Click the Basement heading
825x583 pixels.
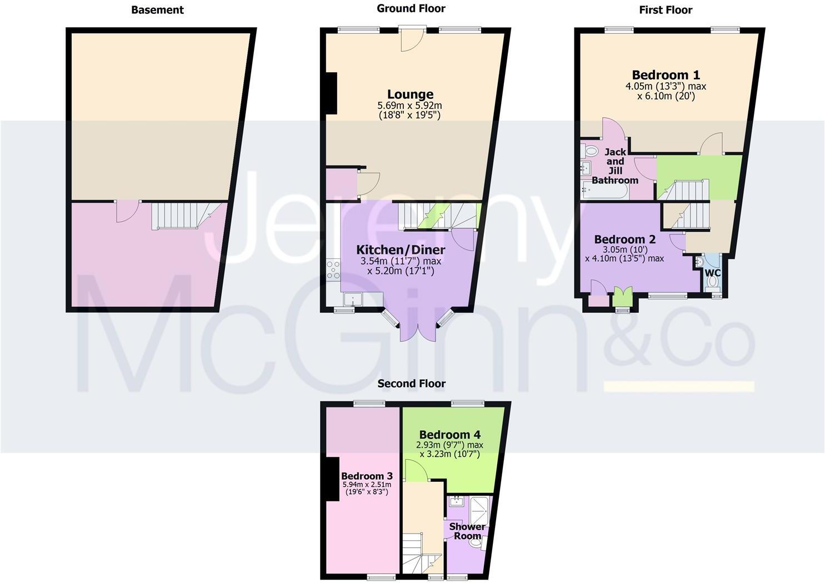[x=157, y=9]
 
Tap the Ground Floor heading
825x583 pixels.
[x=411, y=8]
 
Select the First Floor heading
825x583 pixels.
[x=666, y=9]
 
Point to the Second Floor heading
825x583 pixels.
[x=411, y=383]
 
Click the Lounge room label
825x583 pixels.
[x=410, y=94]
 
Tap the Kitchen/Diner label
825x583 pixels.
[x=401, y=250]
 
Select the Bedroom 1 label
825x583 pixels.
[x=666, y=75]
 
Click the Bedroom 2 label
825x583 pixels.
[x=624, y=240]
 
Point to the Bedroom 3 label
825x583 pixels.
[x=367, y=476]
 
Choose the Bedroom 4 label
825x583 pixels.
[x=450, y=435]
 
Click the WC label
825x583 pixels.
[x=712, y=273]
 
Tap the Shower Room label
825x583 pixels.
[x=467, y=531]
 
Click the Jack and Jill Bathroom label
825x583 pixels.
[x=615, y=166]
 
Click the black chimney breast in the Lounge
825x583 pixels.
[x=331, y=93]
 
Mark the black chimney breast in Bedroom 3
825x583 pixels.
[x=333, y=479]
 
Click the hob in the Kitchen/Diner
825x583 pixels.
[x=333, y=270]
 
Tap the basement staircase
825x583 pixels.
[x=176, y=215]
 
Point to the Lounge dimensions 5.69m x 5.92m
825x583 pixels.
[x=410, y=105]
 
